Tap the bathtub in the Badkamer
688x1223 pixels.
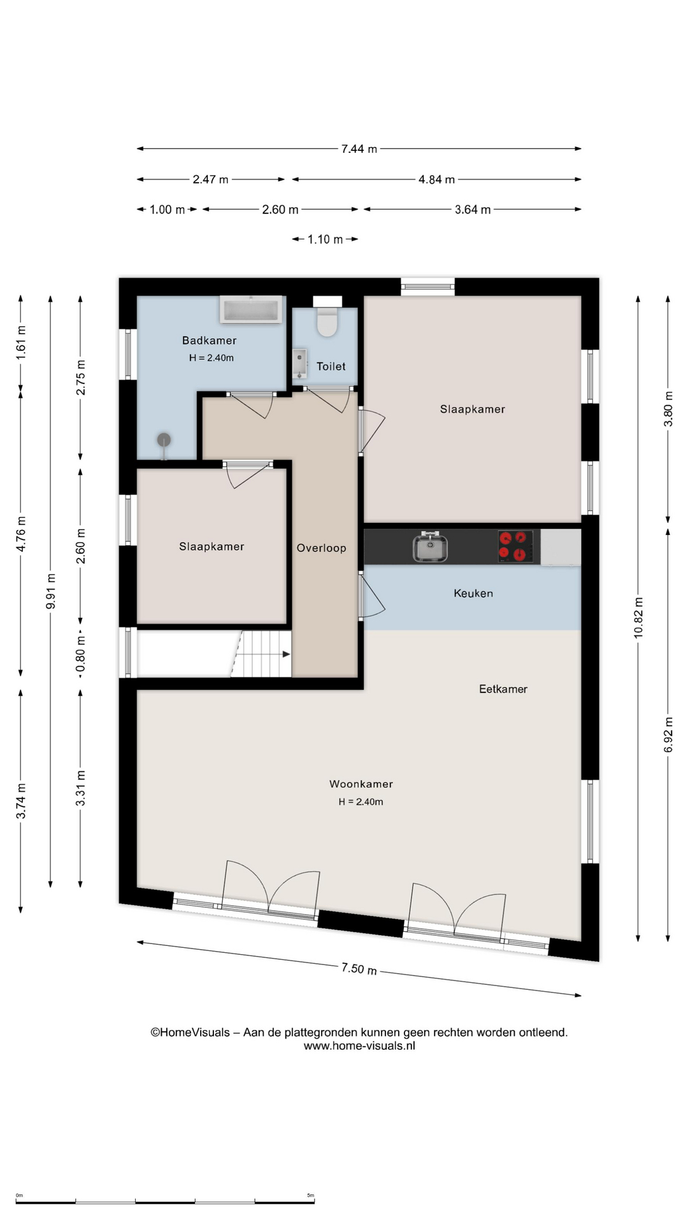[251, 310]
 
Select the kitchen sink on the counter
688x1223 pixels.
[430, 547]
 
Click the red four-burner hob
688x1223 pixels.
[515, 547]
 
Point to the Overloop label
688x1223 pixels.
[322, 548]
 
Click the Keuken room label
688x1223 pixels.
[473, 593]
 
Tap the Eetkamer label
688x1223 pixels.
[503, 689]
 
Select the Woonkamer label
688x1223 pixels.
[361, 784]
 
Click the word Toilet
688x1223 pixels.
[331, 366]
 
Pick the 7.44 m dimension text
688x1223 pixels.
[359, 148]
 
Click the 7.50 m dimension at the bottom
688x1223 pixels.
[359, 969]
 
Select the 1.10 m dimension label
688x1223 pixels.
[325, 240]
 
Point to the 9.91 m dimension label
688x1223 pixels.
[51, 591]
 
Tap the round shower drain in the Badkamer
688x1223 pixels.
[164, 440]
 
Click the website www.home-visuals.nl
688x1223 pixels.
[359, 1045]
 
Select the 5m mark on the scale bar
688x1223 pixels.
[311, 1195]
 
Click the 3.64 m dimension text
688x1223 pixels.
[473, 210]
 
